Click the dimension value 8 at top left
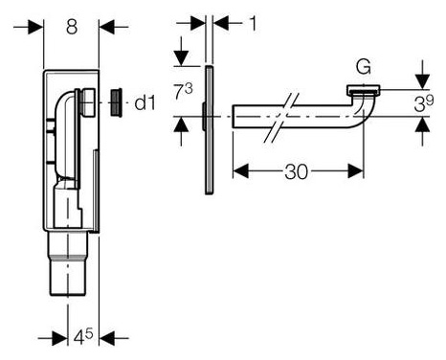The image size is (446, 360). click(72, 27)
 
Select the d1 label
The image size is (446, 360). click(145, 102)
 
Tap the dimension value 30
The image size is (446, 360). click(297, 171)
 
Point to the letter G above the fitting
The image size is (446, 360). click(364, 67)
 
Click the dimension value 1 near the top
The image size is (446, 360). click(253, 24)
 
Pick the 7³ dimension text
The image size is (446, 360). click(184, 91)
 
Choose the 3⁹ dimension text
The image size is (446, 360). click(424, 103)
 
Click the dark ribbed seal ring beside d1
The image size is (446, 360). click(116, 102)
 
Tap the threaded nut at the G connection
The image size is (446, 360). click(364, 90)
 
